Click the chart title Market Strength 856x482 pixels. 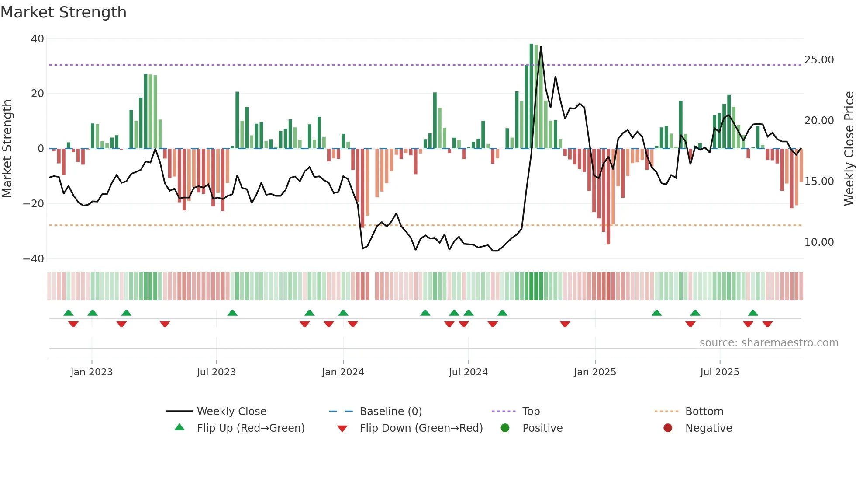click(x=63, y=12)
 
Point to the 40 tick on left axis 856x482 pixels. click(x=38, y=39)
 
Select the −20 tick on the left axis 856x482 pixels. click(x=34, y=204)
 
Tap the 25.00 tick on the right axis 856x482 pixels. click(x=819, y=60)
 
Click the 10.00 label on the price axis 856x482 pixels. click(x=819, y=242)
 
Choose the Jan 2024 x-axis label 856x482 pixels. click(x=343, y=372)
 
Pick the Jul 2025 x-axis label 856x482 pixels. click(x=719, y=372)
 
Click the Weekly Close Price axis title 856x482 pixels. click(x=849, y=149)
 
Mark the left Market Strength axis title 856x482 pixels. click(x=7, y=149)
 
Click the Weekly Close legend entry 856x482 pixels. click(x=231, y=412)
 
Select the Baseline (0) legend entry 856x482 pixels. click(x=390, y=412)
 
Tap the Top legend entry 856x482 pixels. click(x=531, y=412)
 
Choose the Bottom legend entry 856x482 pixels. click(x=704, y=412)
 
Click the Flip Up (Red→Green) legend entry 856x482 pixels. click(x=250, y=428)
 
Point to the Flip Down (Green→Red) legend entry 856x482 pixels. click(x=421, y=428)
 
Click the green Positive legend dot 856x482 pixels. click(x=505, y=428)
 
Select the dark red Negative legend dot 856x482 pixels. click(x=668, y=428)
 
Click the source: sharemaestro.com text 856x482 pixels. click(x=769, y=343)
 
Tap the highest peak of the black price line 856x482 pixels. click(x=541, y=47)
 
